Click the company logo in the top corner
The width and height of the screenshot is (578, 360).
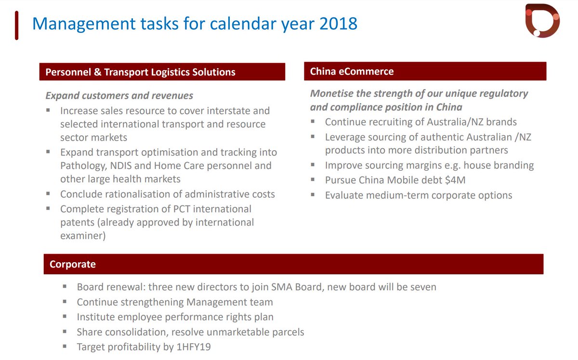pyautogui.click(x=542, y=20)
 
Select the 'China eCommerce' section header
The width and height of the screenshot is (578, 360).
pyautogui.click(x=352, y=72)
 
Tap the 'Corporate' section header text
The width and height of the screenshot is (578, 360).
pyautogui.click(x=73, y=264)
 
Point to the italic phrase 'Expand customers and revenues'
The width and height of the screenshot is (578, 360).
pyautogui.click(x=119, y=95)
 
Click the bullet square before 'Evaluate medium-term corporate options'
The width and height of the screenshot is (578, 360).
pyautogui.click(x=313, y=195)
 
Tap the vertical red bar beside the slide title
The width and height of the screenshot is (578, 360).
pyautogui.click(x=17, y=25)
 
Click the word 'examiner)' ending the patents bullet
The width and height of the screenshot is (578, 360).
pyautogui.click(x=83, y=236)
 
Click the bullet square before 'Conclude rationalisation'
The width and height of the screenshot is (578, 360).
pyautogui.click(x=48, y=193)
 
